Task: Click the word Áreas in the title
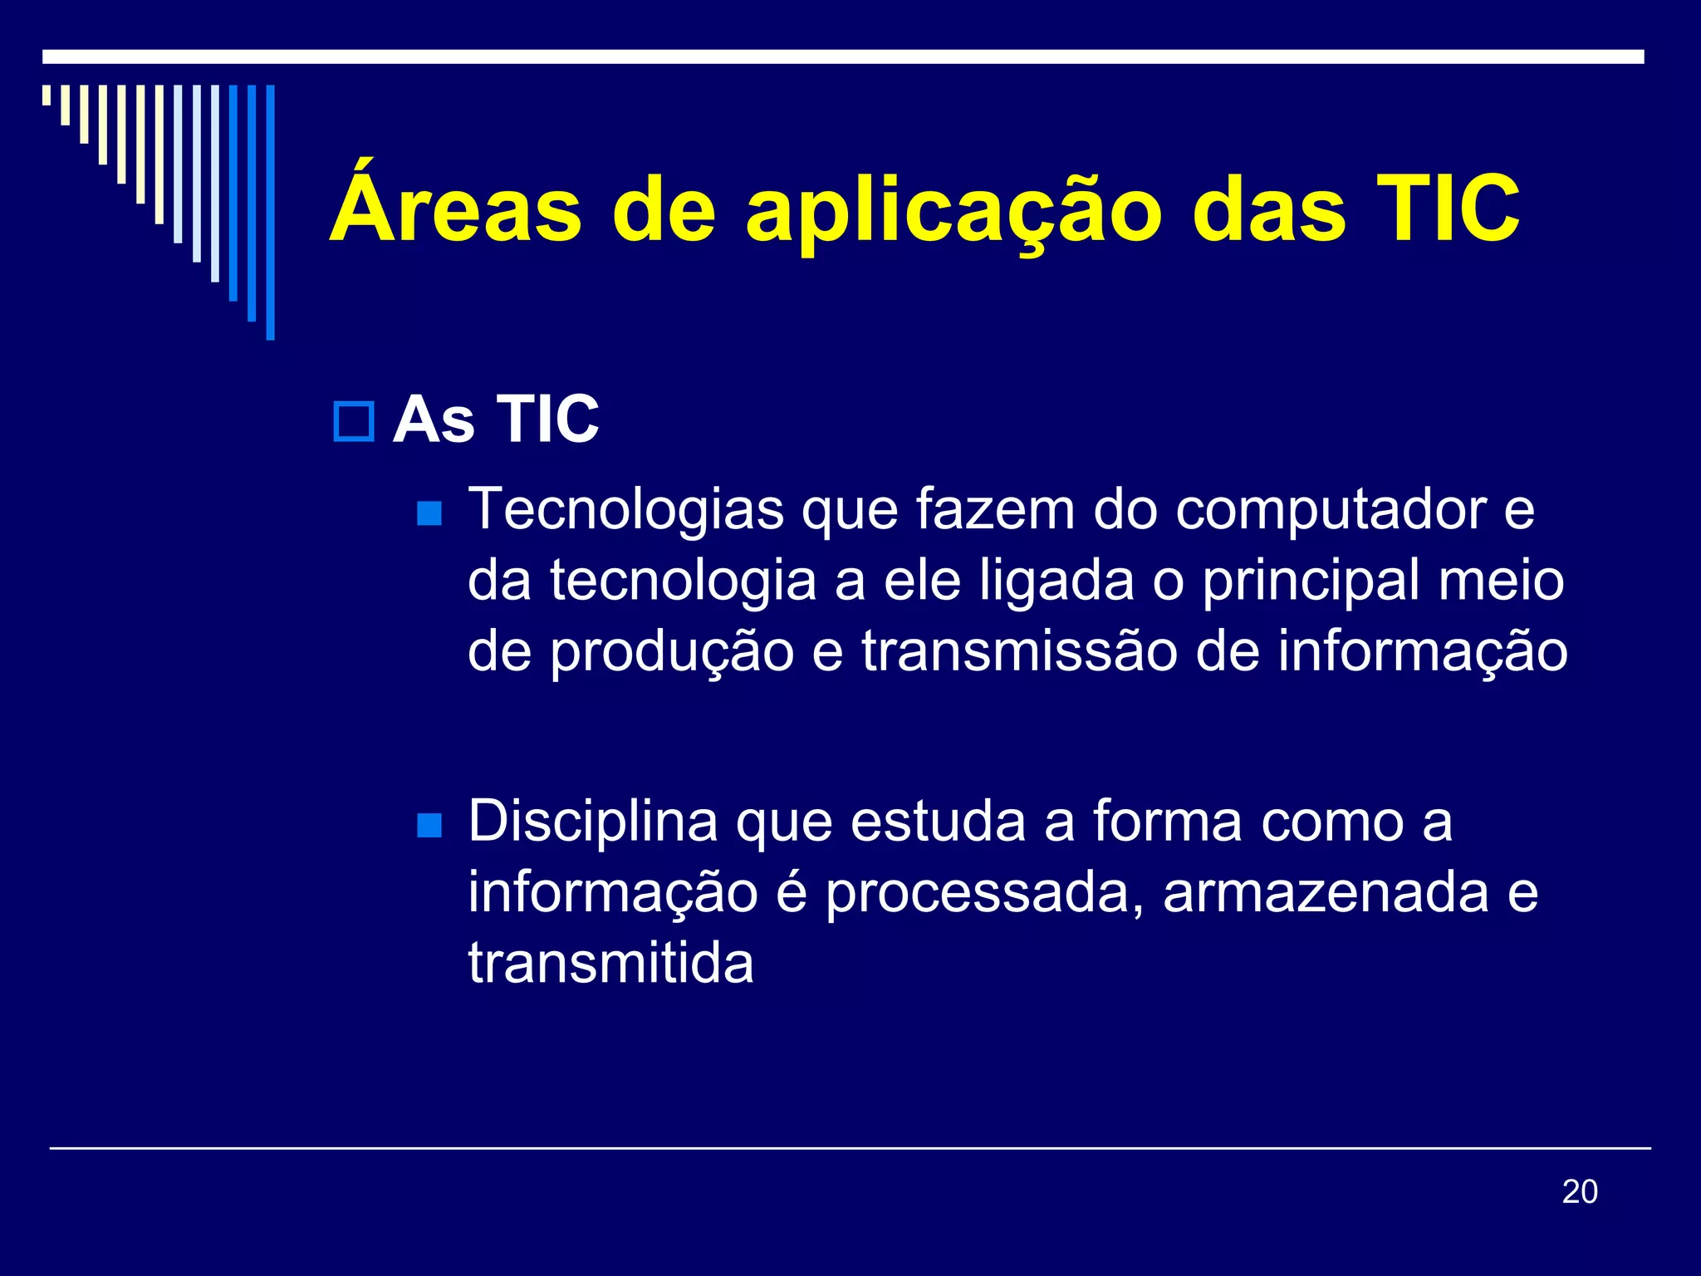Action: coord(455,208)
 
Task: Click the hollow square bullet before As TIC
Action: coord(354,421)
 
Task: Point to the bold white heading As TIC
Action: coord(496,420)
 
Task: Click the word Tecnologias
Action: coord(626,510)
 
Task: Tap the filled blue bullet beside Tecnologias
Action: coord(429,513)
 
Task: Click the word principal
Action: coord(1311,582)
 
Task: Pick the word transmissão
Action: coord(1019,651)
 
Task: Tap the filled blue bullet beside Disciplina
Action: coord(429,825)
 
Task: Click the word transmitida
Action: coord(610,964)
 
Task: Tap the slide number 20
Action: coord(1579,1192)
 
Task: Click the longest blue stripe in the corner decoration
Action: coord(270,212)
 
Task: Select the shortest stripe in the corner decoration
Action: coord(47,95)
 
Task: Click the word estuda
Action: coord(938,822)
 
